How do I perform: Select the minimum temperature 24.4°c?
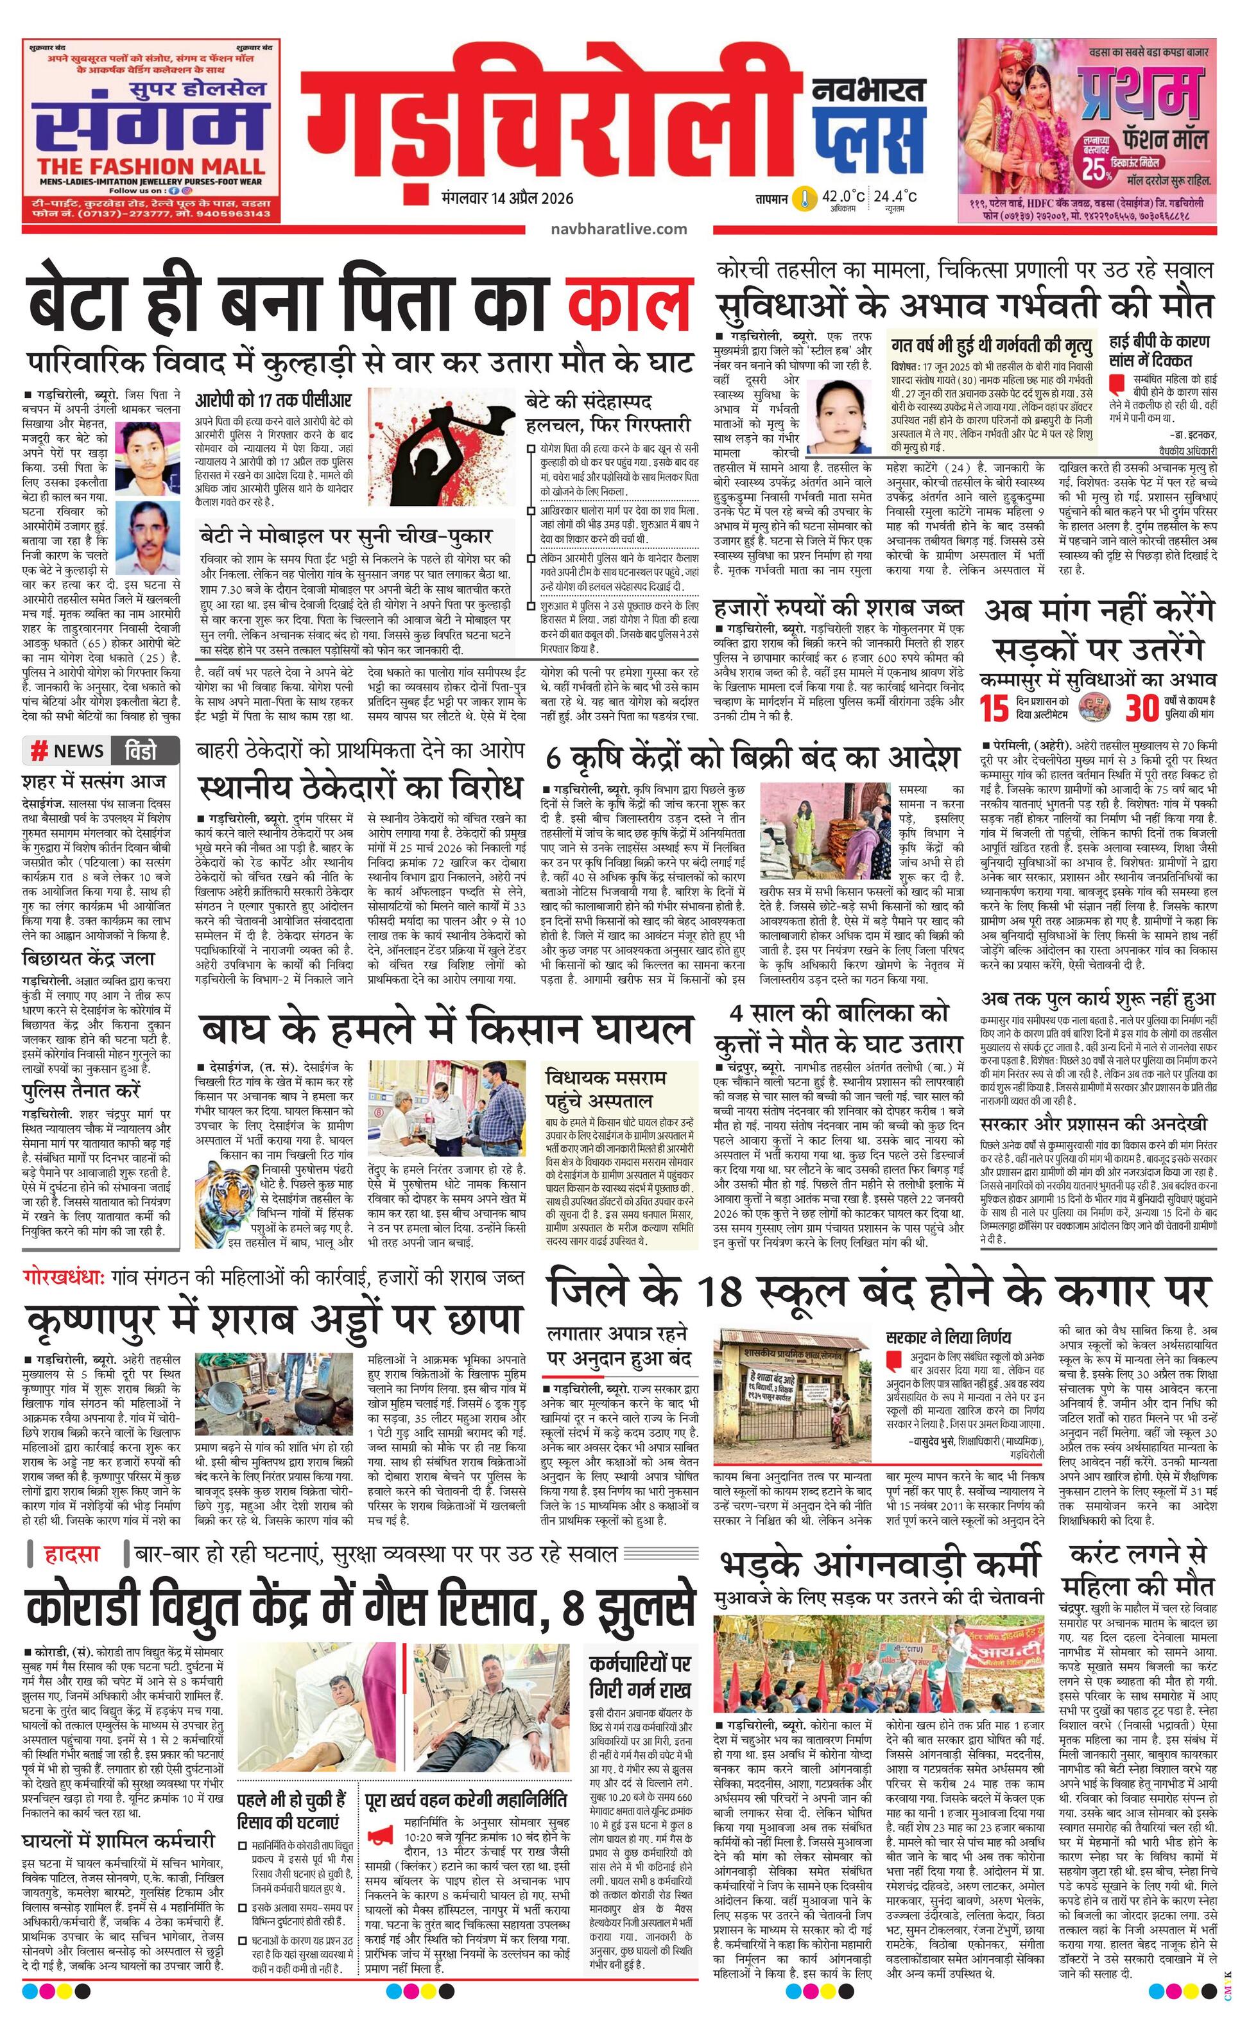(x=895, y=196)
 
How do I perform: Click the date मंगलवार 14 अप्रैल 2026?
(x=508, y=198)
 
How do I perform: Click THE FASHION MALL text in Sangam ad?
(x=150, y=166)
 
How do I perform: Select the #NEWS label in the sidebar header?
(x=68, y=750)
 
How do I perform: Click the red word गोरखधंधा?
(x=64, y=1278)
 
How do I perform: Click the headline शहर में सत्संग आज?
(x=94, y=781)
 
